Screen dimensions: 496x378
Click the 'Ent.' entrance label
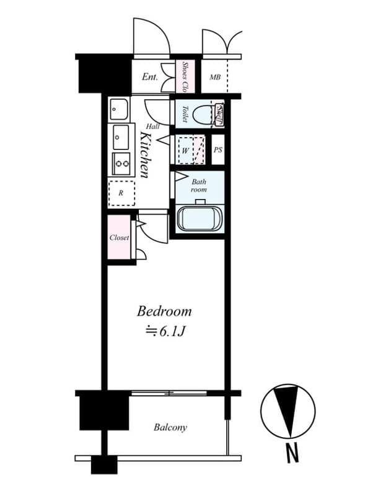(150, 77)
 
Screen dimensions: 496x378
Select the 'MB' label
(215, 77)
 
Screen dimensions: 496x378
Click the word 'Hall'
(153, 126)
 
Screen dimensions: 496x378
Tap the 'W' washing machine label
(185, 151)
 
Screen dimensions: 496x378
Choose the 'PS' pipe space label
(218, 150)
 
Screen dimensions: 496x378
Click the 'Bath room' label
(198, 185)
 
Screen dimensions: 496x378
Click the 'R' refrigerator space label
(120, 193)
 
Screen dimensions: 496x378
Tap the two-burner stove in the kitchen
(121, 164)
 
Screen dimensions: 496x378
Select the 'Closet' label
(119, 237)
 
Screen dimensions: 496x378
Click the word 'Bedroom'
(164, 311)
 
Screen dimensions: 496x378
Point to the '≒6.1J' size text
(164, 332)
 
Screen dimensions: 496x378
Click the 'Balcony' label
(170, 427)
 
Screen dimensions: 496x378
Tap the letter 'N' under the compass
(292, 454)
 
